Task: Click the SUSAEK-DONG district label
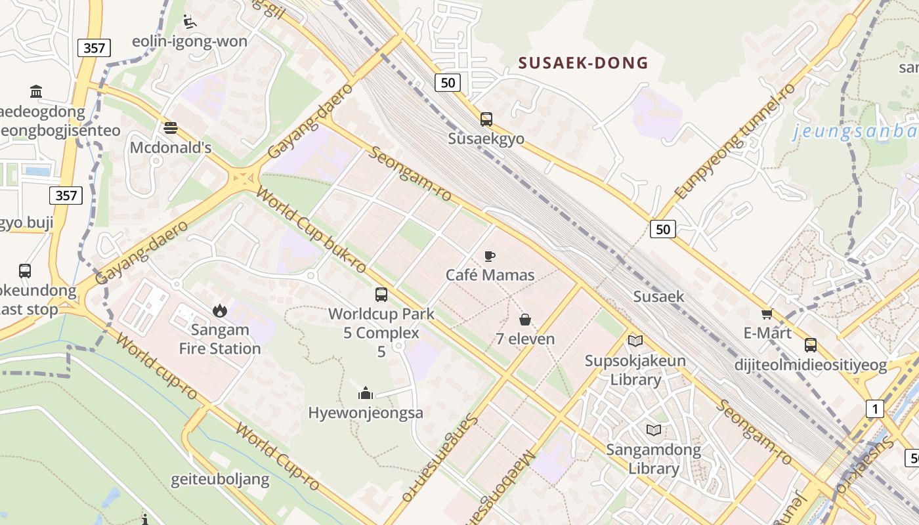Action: point(583,63)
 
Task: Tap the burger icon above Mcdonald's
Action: point(171,127)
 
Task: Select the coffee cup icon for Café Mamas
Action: point(490,256)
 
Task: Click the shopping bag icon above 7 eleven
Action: point(525,320)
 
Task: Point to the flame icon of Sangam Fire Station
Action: point(220,310)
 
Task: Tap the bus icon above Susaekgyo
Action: point(486,119)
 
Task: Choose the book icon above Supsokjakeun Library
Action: point(635,341)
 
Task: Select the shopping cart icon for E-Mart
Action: point(767,314)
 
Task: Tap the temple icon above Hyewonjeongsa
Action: point(366,393)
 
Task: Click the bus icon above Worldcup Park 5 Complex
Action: point(381,295)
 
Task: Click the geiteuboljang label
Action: point(221,479)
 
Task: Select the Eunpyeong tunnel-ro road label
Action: point(735,140)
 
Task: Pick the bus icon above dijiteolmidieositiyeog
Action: point(811,345)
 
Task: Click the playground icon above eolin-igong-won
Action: point(190,22)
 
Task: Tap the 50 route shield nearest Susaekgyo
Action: point(447,83)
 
